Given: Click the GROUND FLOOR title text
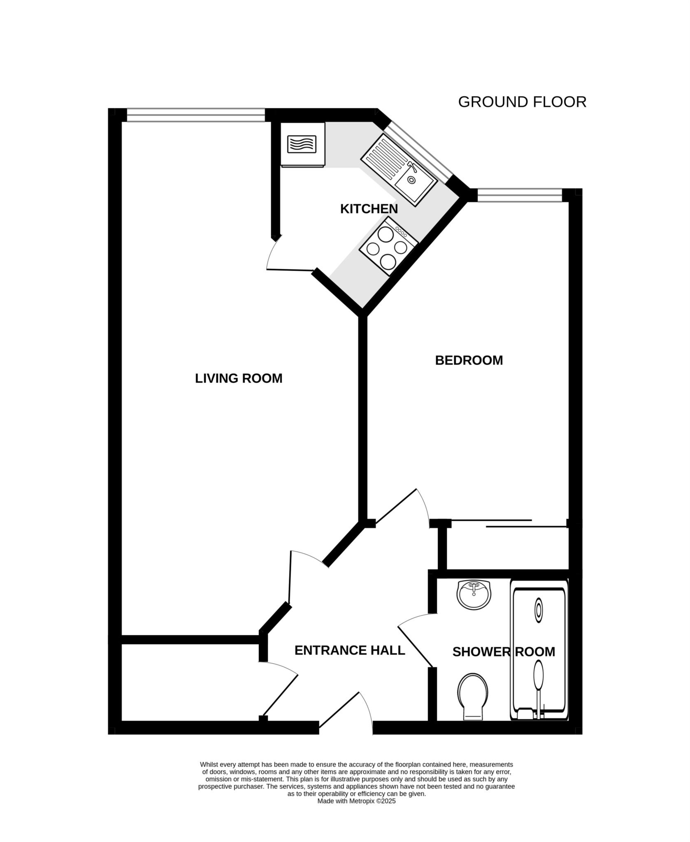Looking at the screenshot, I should (522, 102).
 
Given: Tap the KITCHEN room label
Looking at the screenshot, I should (369, 209).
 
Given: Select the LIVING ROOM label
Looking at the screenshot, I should (239, 378).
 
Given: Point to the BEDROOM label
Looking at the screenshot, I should (469, 360).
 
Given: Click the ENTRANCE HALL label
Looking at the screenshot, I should (350, 650).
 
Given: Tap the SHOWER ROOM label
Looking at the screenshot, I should (503, 652).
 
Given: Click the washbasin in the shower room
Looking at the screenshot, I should (474, 595).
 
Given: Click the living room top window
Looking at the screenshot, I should (195, 115).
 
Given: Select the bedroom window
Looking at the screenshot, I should (519, 195).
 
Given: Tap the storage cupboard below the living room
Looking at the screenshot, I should (189, 682).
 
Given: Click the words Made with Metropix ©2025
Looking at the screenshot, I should (356, 801).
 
